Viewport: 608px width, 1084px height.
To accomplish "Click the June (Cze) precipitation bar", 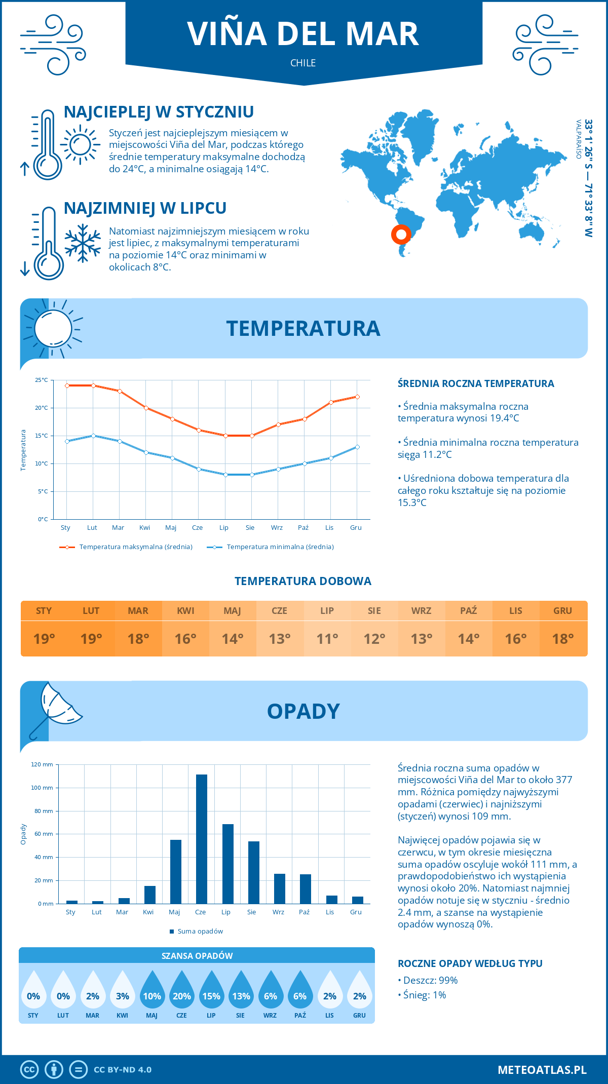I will click(201, 839).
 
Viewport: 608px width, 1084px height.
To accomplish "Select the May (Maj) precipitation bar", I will click(175, 871).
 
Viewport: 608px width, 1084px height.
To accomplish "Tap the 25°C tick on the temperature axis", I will click(42, 380).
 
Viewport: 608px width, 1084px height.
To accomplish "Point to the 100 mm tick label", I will click(42, 788).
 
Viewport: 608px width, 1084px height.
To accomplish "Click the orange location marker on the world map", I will click(401, 234).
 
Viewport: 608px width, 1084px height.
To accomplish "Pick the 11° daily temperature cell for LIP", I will click(327, 639).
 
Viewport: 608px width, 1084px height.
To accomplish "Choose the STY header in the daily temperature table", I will click(44, 611).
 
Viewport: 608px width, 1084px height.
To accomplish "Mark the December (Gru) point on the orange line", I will click(357, 397).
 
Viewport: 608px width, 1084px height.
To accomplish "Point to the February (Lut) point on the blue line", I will click(93, 436).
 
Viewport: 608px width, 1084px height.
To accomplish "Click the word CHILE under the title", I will click(303, 63).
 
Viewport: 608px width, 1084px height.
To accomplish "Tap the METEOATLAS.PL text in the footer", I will click(542, 1070).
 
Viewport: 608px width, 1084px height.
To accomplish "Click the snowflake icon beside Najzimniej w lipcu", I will click(83, 243).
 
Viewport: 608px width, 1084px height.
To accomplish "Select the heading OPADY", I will click(303, 711).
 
